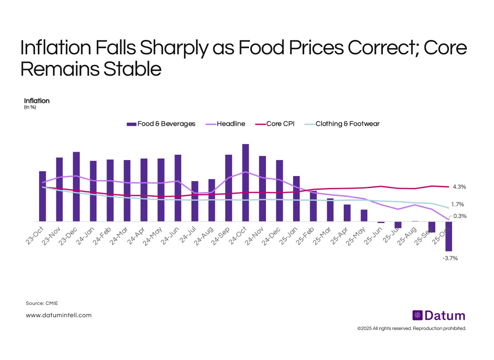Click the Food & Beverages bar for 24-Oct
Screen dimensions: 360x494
point(245,183)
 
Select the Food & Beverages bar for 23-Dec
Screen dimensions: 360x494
point(76,187)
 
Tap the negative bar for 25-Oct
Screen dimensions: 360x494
point(448,236)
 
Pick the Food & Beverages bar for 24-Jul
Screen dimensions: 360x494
point(195,201)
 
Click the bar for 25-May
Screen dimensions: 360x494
point(364,216)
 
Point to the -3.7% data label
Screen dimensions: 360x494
point(450,258)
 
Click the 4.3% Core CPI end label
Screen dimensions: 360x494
point(459,187)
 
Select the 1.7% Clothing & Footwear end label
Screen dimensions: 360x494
point(457,204)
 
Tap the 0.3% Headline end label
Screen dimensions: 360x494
point(460,216)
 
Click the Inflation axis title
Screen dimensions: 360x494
point(37,101)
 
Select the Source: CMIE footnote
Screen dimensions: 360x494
point(42,303)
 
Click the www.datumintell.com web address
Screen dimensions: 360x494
point(58,315)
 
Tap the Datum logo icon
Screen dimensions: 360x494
point(417,316)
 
